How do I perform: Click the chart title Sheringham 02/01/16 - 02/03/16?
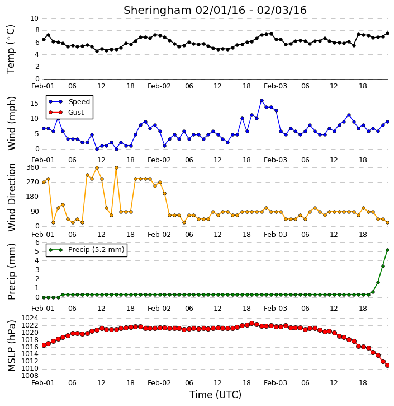tap(215, 10)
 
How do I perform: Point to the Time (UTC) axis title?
tap(215, 395)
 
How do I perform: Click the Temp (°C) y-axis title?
tap(11, 49)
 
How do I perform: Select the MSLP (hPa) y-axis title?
tap(11, 346)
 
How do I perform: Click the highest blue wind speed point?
tap(262, 100)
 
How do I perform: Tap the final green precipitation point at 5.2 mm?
tap(387, 250)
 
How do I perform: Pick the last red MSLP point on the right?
tap(387, 365)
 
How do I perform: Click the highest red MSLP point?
tap(251, 324)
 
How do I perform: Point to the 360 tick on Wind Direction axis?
tap(33, 167)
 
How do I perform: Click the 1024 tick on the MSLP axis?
tap(30, 318)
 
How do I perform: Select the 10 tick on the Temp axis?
tap(34, 18)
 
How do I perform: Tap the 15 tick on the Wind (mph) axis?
tap(34, 104)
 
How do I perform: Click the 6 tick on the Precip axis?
tap(37, 242)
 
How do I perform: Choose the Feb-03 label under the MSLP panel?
tap(276, 382)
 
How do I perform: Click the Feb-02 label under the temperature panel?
tap(159, 86)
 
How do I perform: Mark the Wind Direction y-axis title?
tap(12, 197)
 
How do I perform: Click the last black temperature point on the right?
tap(387, 34)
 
